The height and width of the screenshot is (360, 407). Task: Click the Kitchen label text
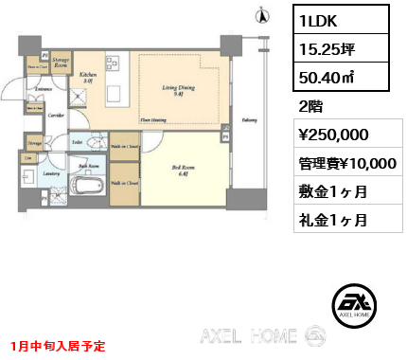89,76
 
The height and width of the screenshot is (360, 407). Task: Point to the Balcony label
249,120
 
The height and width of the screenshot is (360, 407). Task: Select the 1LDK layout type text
319,19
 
